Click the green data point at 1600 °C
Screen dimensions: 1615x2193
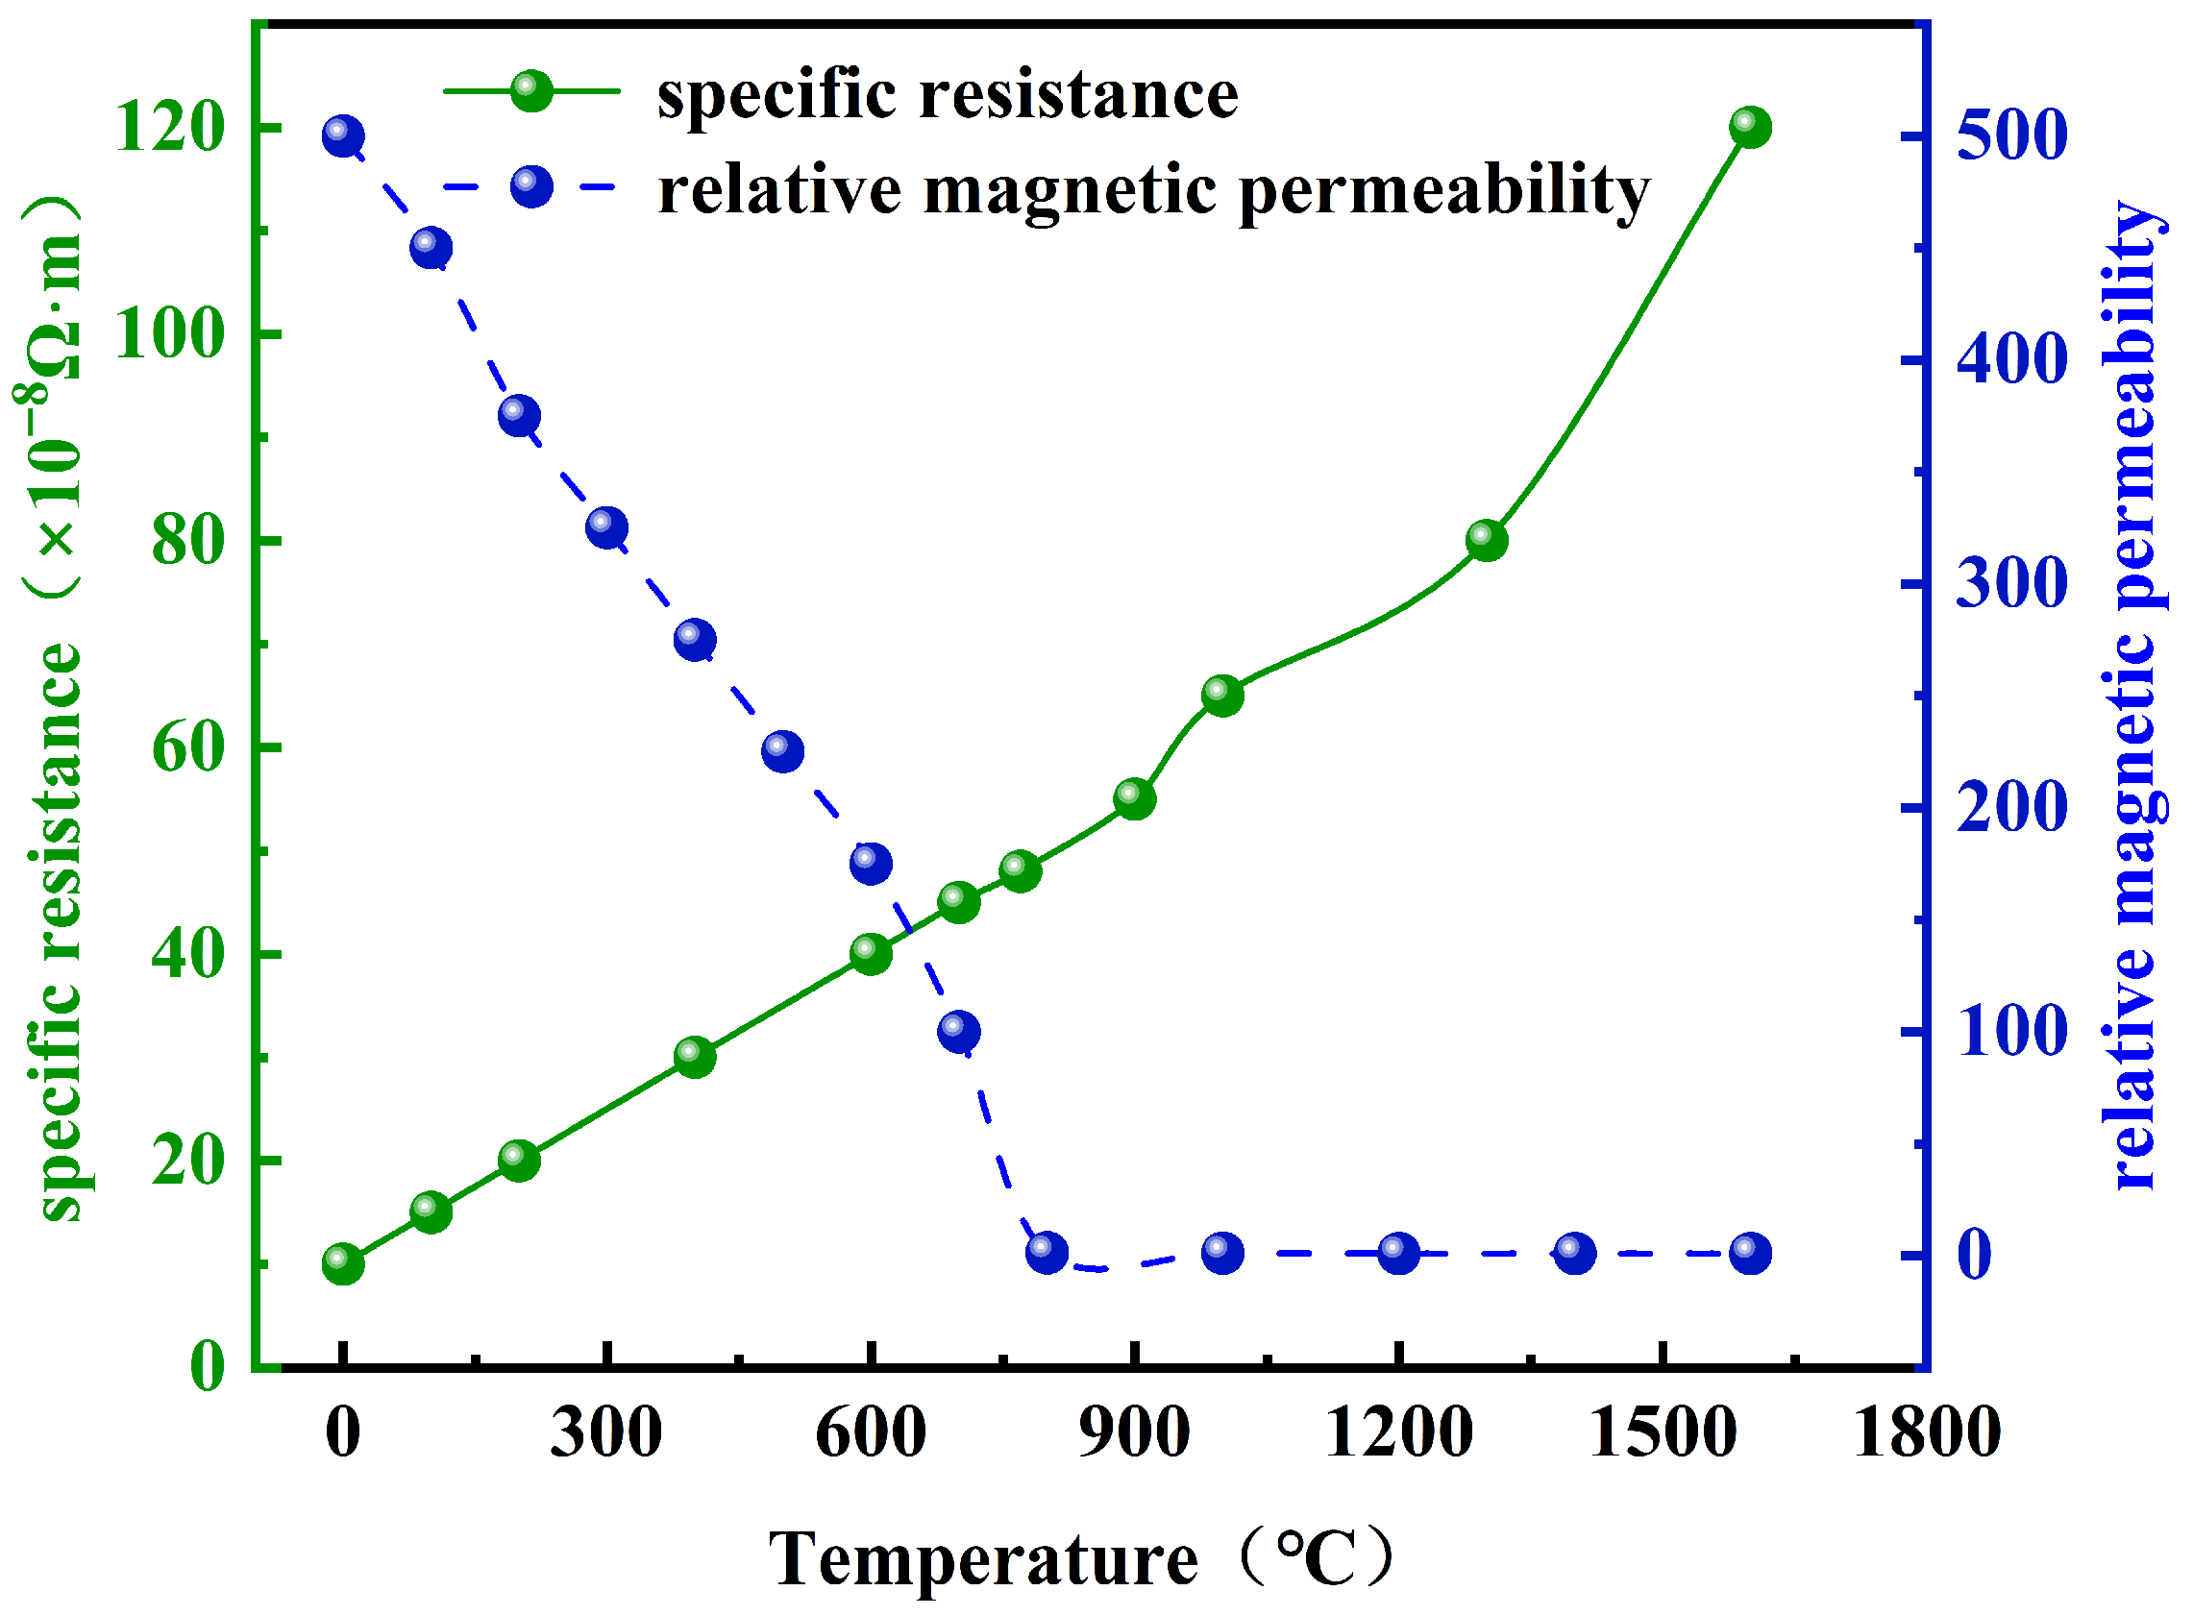click(x=1749, y=127)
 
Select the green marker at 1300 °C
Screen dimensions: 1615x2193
click(x=1486, y=540)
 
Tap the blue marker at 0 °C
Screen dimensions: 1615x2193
click(x=342, y=135)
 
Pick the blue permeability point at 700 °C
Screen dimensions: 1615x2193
click(x=958, y=1032)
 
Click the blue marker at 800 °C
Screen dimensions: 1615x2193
click(x=1047, y=1252)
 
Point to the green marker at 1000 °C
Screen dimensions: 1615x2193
click(x=1222, y=695)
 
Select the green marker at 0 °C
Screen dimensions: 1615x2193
click(x=342, y=1263)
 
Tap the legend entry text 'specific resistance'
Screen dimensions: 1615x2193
click(x=947, y=95)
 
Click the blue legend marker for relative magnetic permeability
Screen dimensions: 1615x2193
click(x=530, y=185)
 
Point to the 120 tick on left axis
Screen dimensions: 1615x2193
click(x=169, y=128)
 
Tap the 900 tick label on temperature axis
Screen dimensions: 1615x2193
click(x=1134, y=1433)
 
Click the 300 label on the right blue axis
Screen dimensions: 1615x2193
click(x=2011, y=583)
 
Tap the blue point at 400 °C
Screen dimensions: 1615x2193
click(x=694, y=639)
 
